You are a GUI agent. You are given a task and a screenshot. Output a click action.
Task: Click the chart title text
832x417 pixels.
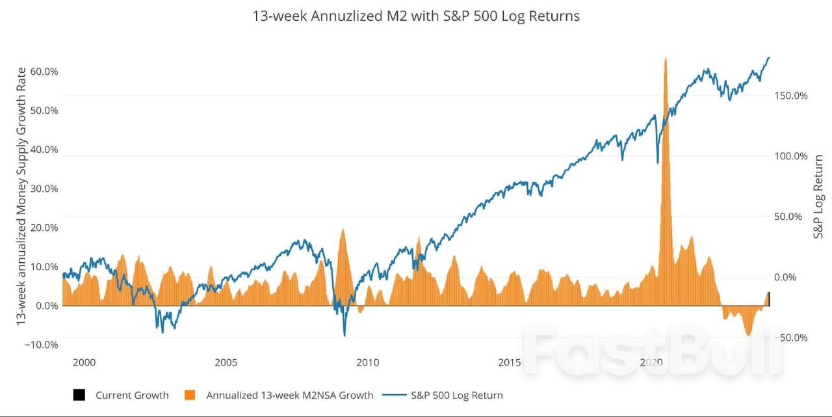point(416,16)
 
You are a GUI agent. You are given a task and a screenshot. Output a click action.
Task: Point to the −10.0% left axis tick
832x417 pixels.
point(41,344)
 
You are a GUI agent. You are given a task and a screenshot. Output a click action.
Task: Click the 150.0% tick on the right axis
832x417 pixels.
point(791,96)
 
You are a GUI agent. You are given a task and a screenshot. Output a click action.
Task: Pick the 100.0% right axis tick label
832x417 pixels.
point(791,156)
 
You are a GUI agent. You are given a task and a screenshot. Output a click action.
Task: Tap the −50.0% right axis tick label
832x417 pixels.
point(791,338)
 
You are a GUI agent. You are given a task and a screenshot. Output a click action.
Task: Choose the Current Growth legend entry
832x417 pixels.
point(132,395)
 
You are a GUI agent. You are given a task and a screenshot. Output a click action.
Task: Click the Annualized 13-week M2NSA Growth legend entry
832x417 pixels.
point(289,395)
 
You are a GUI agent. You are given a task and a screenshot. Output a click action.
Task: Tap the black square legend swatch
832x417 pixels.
point(79,395)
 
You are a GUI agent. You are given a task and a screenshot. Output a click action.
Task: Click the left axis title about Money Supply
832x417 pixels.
point(21,195)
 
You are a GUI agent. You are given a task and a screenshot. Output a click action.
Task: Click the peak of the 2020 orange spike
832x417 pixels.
point(666,58)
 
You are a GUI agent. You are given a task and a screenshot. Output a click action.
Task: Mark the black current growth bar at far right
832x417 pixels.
point(769,299)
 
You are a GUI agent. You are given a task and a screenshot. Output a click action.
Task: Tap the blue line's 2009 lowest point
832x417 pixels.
point(344,336)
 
